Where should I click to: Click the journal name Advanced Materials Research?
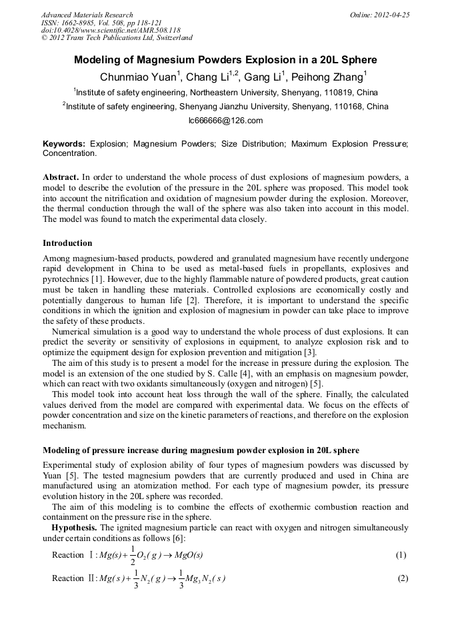tap(87, 15)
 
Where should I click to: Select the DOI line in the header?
tap(111, 31)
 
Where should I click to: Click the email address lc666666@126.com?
tap(226, 121)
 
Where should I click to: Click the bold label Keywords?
tap(64, 143)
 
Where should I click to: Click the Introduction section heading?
tap(67, 243)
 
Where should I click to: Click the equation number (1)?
tap(402, 555)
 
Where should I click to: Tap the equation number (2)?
tap(402, 578)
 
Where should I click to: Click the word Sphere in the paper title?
tap(359, 59)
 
